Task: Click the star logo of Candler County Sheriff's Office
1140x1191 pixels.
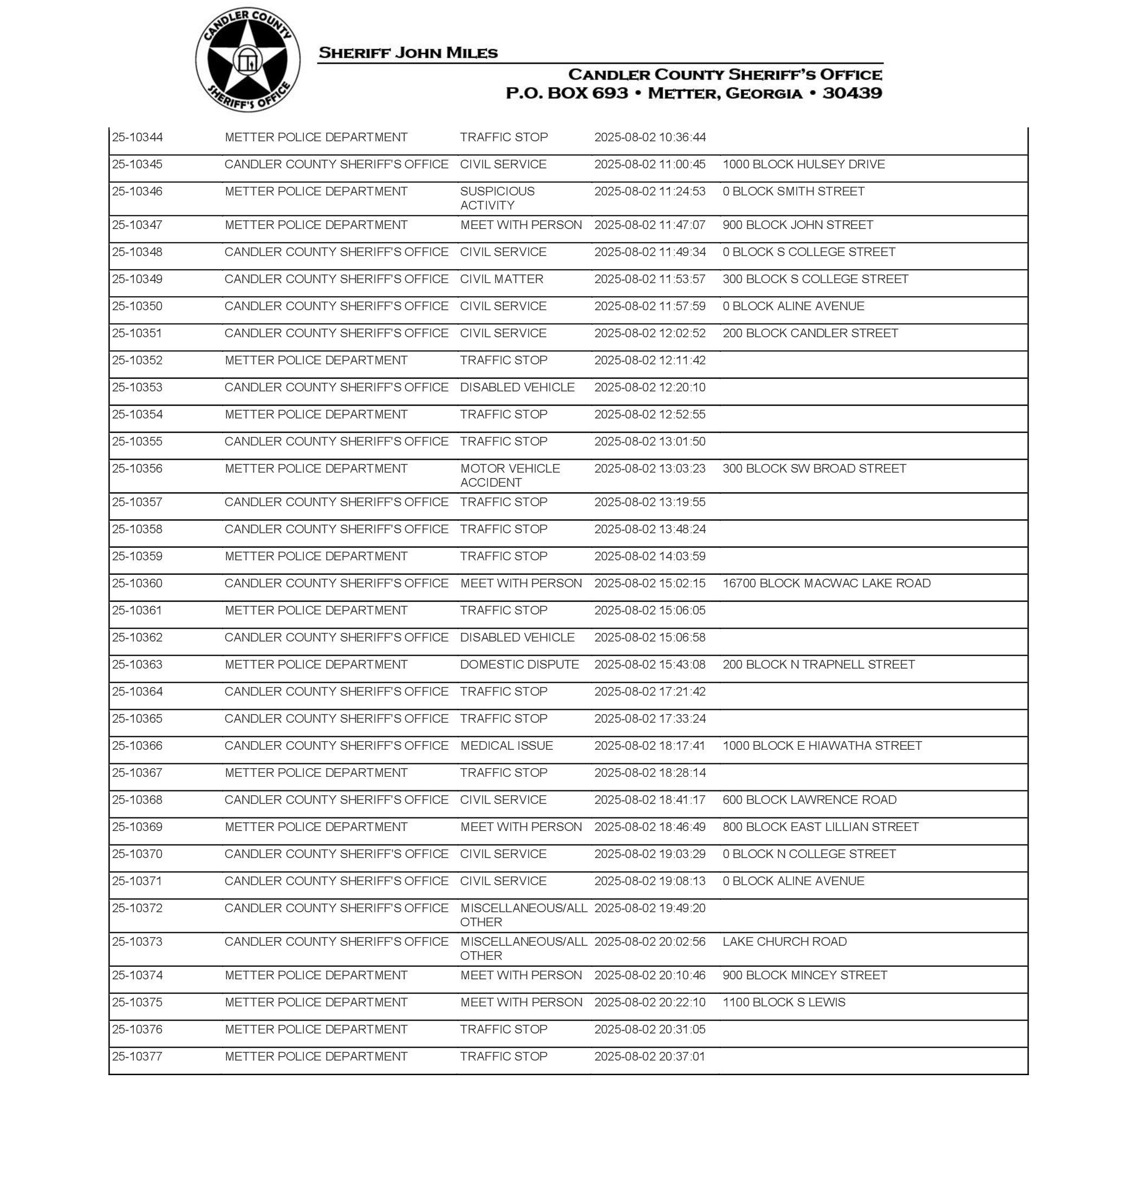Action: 247,60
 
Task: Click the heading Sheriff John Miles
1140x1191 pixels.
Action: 408,53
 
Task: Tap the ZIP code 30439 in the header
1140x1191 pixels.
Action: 852,93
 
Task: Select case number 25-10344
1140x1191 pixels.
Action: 138,138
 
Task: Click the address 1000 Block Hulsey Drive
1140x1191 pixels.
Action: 803,165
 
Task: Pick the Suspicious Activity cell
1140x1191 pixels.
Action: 497,198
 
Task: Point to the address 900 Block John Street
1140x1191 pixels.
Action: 797,225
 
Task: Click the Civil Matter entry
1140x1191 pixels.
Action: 501,279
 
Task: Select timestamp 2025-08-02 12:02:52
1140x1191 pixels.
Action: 649,333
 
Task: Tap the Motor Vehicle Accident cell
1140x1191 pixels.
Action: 509,475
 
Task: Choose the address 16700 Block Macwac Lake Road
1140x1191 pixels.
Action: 826,583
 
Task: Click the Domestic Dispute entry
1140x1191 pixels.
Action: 519,664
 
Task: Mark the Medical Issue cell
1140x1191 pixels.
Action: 506,746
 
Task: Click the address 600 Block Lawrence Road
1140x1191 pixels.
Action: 809,800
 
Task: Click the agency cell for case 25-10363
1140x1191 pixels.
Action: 316,664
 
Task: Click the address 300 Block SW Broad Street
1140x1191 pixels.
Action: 813,468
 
